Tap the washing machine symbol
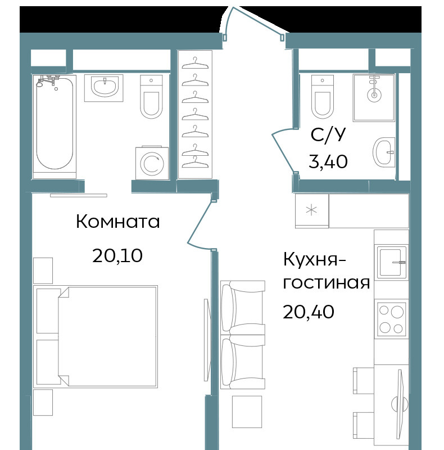152,163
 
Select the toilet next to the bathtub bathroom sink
151,97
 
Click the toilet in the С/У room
323,97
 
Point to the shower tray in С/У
374,98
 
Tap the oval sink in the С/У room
384,152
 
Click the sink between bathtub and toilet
104,88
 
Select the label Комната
117,222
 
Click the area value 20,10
117,255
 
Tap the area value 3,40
328,161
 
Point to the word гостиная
327,283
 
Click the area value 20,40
309,312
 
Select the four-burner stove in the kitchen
391,318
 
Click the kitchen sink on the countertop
391,262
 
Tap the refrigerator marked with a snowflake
312,210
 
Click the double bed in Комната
96,336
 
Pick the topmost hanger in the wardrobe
195,64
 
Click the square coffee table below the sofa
247,412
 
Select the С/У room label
328,134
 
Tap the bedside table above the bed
43,271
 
